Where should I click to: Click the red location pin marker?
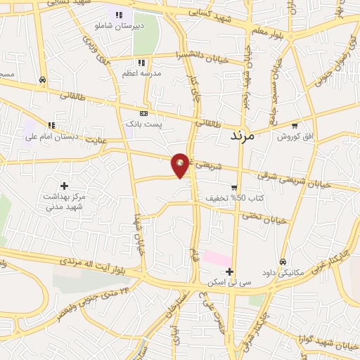coord(181,165)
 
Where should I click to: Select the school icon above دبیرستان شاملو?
coord(119,15)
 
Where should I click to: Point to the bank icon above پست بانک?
coord(144,113)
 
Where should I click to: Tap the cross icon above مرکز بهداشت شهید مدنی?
coord(65,186)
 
